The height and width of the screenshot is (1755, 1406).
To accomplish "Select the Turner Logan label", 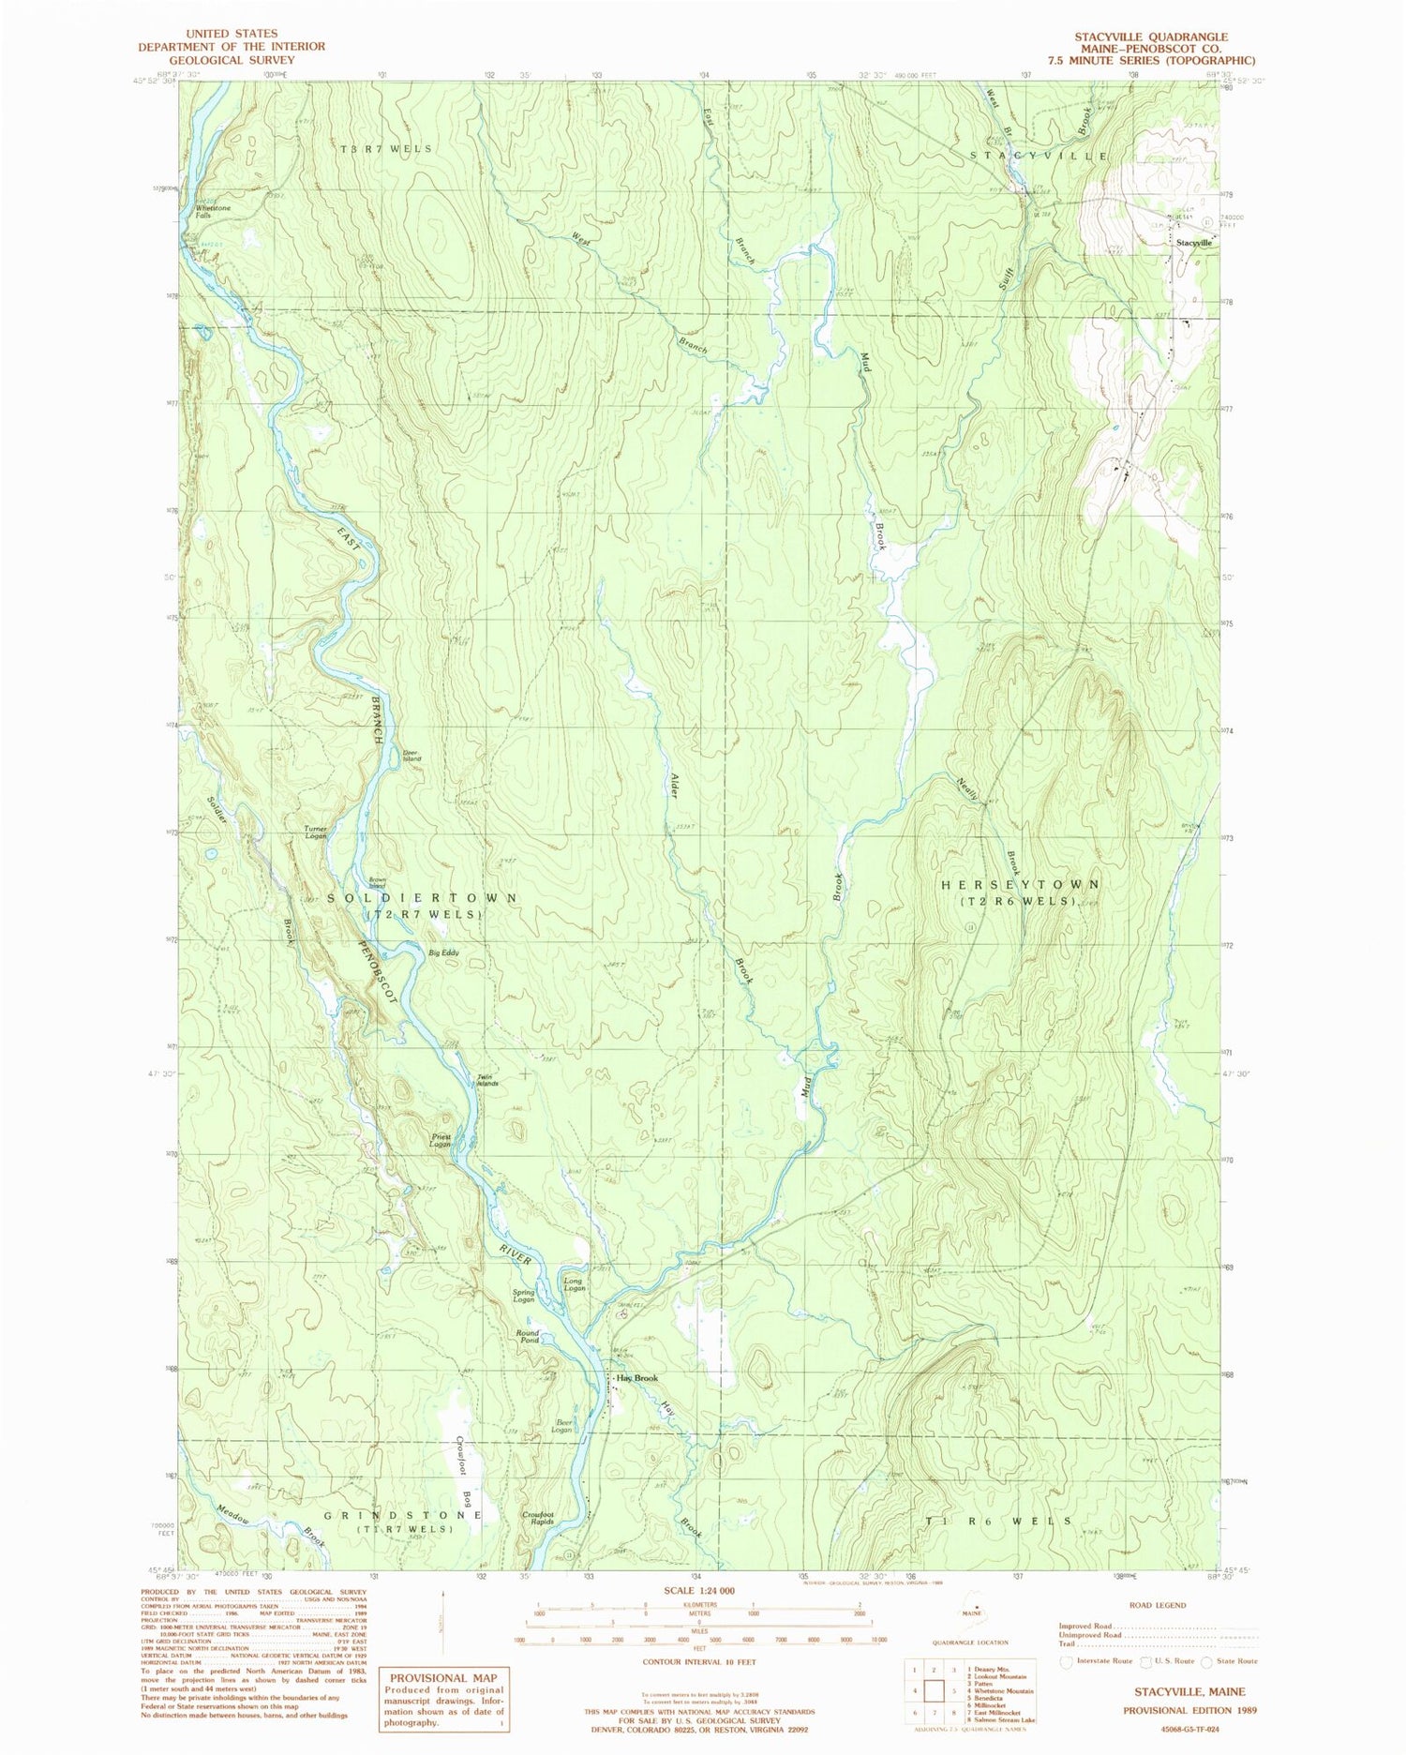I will (x=316, y=832).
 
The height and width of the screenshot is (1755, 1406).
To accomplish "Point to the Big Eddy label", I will (x=444, y=952).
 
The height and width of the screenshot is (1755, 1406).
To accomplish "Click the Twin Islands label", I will (x=487, y=1079).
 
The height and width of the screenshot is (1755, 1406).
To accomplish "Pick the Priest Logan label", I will (x=441, y=1140).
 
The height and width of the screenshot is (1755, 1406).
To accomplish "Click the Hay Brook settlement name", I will (x=637, y=1378).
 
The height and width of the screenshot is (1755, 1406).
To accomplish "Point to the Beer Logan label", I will (x=561, y=1426).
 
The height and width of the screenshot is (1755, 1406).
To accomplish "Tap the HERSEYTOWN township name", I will (x=1020, y=884).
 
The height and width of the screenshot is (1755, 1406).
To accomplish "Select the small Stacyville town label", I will (x=1193, y=242).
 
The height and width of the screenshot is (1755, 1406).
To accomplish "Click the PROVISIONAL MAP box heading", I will (x=443, y=1678).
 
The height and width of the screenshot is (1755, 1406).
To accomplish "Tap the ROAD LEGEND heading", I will (x=1157, y=1605).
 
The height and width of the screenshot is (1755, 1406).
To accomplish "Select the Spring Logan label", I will (x=523, y=1297).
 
